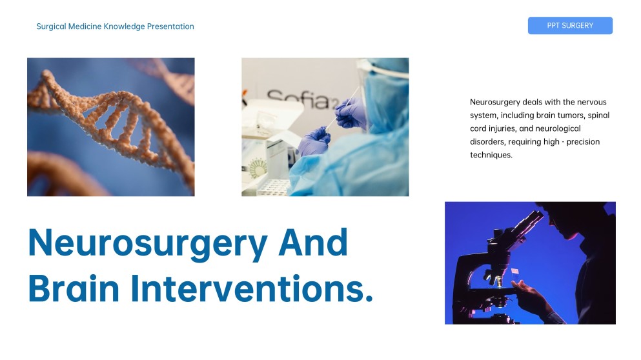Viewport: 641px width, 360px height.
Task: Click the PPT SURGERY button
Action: click(570, 26)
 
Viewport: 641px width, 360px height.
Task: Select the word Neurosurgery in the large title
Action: click(148, 243)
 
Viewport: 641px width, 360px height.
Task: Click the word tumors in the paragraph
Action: click(570, 115)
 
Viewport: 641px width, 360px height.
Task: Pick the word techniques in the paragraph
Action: click(491, 155)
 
